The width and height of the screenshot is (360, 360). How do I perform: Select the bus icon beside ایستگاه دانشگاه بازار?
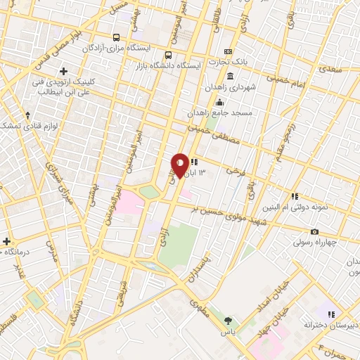(x=167, y=56)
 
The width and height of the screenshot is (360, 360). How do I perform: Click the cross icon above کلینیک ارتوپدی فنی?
(x=64, y=72)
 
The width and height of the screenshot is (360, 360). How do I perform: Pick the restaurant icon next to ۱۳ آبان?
(x=193, y=162)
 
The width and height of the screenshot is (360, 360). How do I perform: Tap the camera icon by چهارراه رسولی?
(x=314, y=232)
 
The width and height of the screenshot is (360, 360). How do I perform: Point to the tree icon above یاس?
(x=227, y=320)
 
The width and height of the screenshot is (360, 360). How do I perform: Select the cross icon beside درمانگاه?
(x=7, y=241)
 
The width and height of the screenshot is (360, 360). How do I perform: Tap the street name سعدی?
(x=327, y=70)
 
